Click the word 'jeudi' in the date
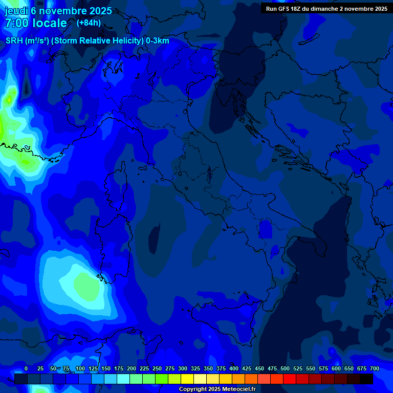[17, 11]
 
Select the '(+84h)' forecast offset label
[89, 23]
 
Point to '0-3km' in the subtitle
[157, 41]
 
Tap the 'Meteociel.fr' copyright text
[242, 389]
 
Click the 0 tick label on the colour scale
[26, 368]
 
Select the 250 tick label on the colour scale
[157, 368]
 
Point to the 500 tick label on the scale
[285, 368]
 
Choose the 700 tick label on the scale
[375, 368]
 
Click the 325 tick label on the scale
[195, 368]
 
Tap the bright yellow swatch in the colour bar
[187, 379]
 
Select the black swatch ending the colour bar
[366, 379]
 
